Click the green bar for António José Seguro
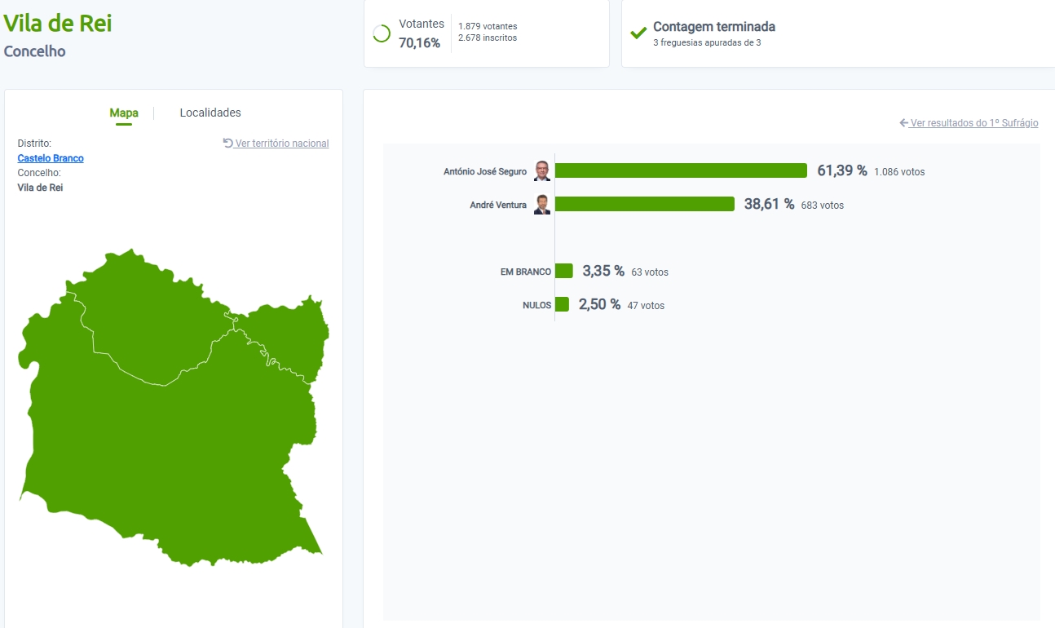coord(681,170)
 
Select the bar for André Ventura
coord(644,204)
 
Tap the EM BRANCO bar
coord(564,271)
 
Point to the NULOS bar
coord(562,304)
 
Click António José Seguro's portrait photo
coord(542,170)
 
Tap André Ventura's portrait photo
coord(542,205)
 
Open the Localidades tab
coord(210,113)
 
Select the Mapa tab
coord(124,113)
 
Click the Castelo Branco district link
coord(51,158)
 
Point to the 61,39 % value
coord(841,170)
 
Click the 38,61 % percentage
coord(769,204)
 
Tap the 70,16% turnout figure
coord(419,43)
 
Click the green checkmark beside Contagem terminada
coord(638,33)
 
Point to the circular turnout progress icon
coord(381,33)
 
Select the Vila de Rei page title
coord(58,23)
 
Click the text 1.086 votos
coord(899,172)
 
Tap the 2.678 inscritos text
coord(488,38)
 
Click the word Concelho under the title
coord(35,51)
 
